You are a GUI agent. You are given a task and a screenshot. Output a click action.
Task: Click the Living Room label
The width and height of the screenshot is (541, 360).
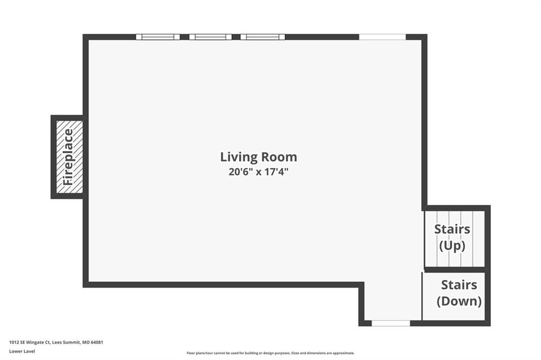[258, 157]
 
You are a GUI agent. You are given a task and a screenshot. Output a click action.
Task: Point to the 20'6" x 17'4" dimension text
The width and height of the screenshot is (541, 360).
[258, 172]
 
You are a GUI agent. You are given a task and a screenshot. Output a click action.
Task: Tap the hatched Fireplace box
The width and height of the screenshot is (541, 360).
[69, 157]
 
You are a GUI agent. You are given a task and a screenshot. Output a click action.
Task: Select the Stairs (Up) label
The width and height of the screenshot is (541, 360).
[452, 237]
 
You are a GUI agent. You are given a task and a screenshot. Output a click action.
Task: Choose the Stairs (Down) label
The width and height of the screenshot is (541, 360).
[459, 293]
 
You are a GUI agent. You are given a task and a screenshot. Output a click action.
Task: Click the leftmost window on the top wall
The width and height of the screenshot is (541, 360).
[157, 37]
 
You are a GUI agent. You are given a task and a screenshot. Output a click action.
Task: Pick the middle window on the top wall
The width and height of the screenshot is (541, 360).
[210, 37]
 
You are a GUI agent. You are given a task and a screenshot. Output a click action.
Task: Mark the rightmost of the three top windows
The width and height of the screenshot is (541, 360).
[263, 37]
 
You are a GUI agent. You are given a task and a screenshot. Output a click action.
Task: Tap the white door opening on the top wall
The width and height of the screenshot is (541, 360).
[383, 37]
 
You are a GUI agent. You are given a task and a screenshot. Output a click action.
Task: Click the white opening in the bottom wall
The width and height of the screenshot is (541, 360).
[390, 324]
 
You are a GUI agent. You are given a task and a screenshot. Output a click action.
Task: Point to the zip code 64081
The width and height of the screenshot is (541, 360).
[97, 343]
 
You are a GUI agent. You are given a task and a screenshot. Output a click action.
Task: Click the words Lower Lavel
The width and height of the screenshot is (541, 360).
[22, 352]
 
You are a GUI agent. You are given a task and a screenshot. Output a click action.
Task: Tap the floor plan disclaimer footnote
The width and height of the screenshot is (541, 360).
[270, 353]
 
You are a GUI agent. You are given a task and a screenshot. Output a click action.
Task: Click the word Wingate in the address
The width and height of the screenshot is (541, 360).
[35, 343]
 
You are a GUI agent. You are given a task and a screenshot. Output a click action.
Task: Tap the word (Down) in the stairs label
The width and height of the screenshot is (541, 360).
[459, 301]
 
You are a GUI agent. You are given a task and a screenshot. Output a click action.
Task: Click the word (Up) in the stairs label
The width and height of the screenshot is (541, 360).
[452, 246]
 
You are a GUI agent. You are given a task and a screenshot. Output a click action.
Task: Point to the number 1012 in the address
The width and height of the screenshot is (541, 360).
[14, 343]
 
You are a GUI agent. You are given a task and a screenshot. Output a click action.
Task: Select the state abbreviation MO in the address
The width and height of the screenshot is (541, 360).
[86, 343]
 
